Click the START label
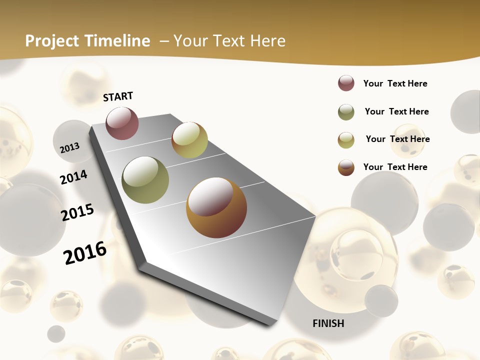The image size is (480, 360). pos(118,96)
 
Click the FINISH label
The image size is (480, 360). pos(328,323)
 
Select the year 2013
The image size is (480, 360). pos(69,147)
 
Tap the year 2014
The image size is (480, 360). pos(73,177)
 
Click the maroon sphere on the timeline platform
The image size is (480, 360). pos(122,123)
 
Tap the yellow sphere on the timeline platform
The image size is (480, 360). pos(189,140)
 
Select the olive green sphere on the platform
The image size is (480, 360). pos(145,180)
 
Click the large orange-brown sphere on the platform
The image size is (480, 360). pos(216,207)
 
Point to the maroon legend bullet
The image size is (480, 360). pos(346,83)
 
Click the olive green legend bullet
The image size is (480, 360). pos(346,112)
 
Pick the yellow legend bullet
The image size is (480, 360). pos(346,140)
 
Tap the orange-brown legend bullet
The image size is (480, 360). pos(346,167)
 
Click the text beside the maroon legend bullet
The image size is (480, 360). pos(395,83)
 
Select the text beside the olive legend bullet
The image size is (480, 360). pos(396,111)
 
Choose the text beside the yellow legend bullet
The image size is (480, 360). pos(397,139)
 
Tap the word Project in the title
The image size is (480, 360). pos(51,41)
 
